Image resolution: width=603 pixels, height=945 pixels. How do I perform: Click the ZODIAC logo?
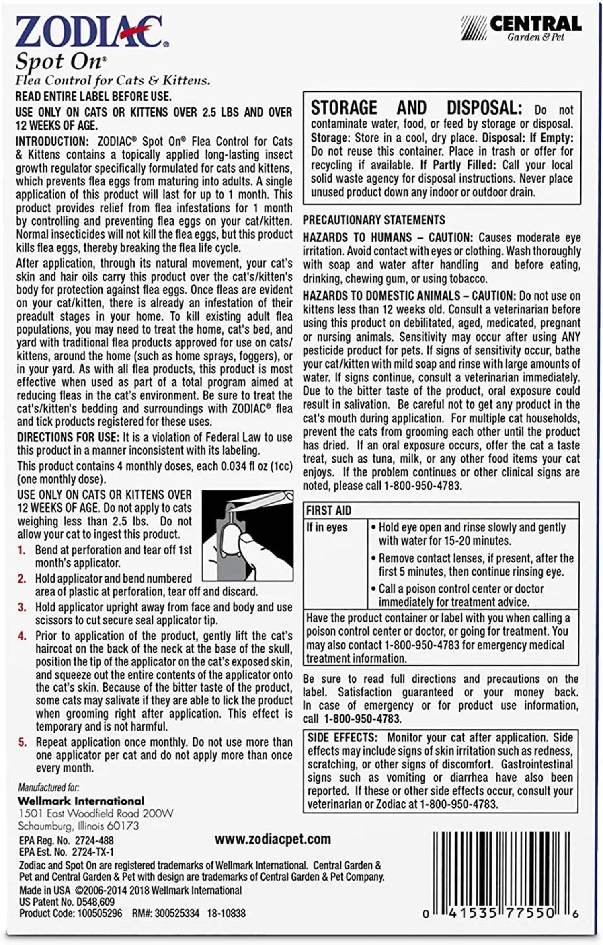(92, 32)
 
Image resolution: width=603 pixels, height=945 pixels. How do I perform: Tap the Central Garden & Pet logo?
(522, 28)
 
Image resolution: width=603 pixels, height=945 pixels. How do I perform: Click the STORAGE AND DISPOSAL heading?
(416, 108)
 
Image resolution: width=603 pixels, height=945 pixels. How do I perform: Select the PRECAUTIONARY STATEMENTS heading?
(374, 220)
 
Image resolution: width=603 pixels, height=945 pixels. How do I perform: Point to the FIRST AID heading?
(328, 511)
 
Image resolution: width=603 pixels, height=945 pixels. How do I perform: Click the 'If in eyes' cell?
(327, 527)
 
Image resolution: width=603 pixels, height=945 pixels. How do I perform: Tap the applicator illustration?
(247, 535)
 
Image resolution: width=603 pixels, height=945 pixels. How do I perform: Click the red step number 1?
(21, 550)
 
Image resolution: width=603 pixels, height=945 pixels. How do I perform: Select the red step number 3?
(22, 607)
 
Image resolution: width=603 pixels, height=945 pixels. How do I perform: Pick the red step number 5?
(23, 742)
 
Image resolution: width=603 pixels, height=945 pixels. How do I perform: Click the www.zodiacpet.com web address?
(273, 839)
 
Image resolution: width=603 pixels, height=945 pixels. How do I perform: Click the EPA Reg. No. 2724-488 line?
(66, 840)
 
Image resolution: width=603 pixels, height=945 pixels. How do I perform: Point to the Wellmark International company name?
(81, 801)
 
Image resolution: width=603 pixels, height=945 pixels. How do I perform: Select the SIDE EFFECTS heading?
(342, 737)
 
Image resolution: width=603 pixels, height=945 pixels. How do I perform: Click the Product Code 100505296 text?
(70, 913)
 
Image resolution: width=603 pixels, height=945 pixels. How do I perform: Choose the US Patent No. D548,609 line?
(67, 902)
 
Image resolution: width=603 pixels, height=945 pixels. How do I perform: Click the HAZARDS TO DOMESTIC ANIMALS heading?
(408, 296)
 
